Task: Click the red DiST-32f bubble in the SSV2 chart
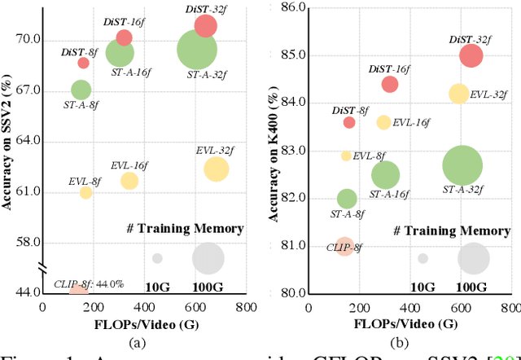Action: (206, 26)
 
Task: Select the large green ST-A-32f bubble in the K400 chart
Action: (462, 166)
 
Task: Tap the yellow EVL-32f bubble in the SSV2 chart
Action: (217, 169)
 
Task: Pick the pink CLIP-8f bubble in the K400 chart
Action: (344, 245)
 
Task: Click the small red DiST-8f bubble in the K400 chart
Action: (349, 122)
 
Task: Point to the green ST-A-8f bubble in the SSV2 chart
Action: (81, 90)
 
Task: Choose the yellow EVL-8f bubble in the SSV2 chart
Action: (85, 193)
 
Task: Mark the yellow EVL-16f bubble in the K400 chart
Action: (383, 122)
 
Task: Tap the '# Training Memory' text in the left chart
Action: (184, 229)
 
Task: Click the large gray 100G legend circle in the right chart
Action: (473, 259)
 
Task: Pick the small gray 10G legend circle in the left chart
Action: (157, 258)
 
